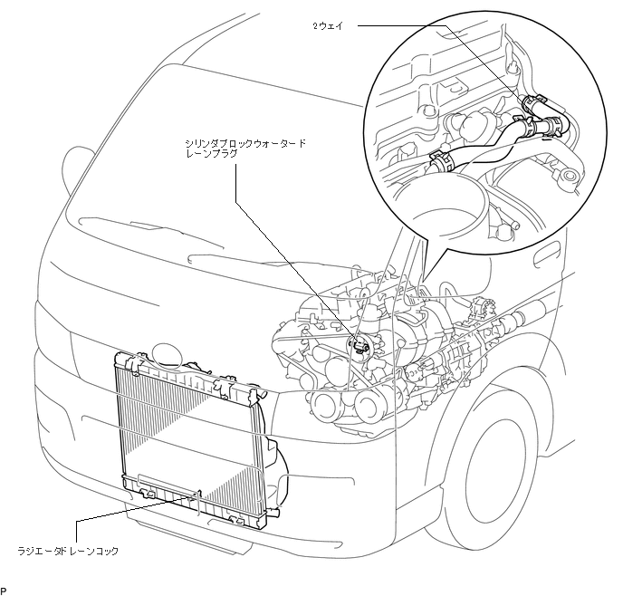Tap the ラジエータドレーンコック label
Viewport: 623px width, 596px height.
[69, 550]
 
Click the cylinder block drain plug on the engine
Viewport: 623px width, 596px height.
[360, 344]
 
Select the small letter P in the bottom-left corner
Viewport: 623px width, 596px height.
[5, 590]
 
